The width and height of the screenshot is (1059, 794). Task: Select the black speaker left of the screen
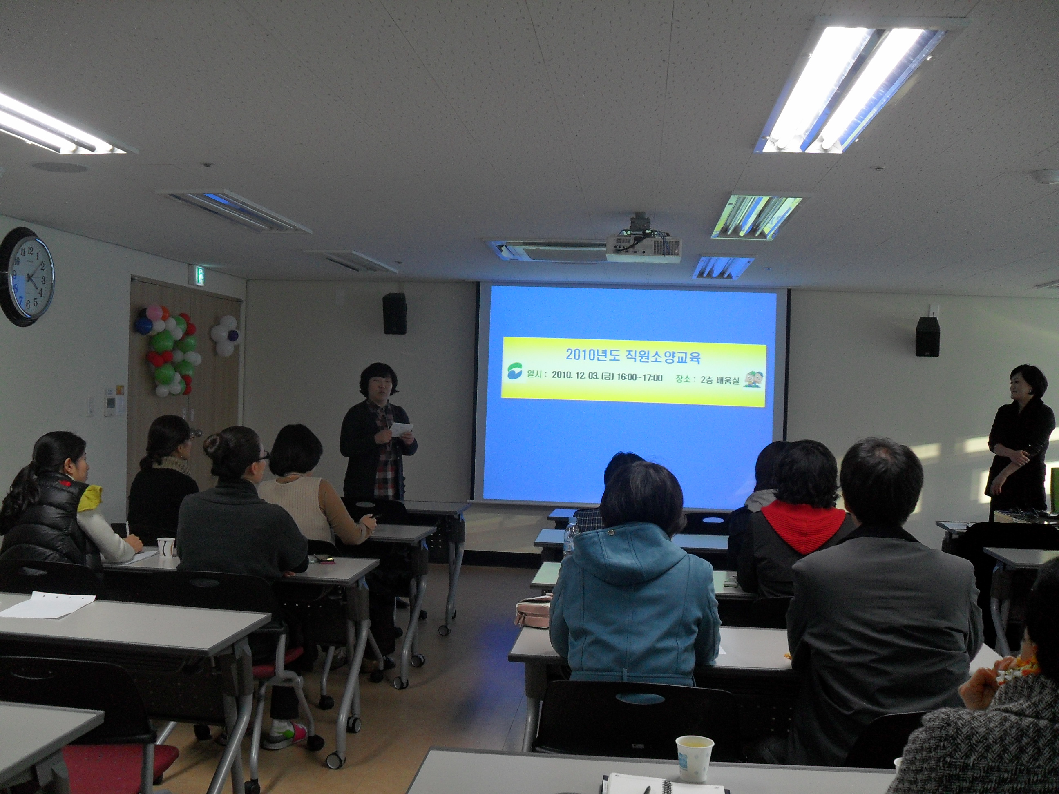pyautogui.click(x=395, y=314)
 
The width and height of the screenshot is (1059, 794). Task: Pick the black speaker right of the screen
pyautogui.click(x=927, y=336)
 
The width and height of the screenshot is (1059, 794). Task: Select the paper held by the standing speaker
pyautogui.click(x=401, y=428)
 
